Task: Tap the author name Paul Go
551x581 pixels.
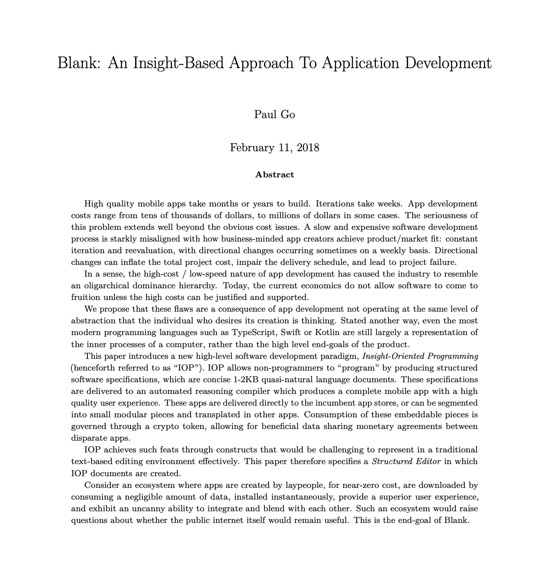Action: tap(274, 115)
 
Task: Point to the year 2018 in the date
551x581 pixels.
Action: tap(308, 148)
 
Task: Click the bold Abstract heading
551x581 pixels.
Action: tap(274, 175)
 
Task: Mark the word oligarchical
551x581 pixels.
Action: tap(108, 286)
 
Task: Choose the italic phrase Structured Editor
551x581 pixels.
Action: tap(406, 461)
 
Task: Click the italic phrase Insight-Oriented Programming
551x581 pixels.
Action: tap(420, 356)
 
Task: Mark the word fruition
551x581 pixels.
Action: tap(85, 298)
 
